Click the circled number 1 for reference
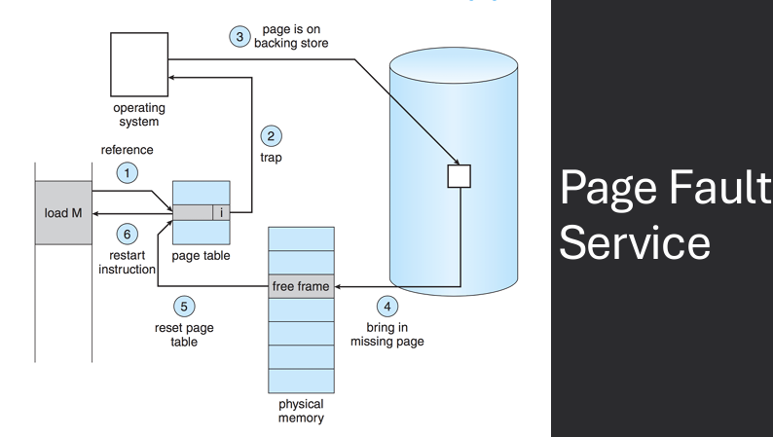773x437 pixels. pyautogui.click(x=126, y=172)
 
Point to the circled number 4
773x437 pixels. pyautogui.click(x=387, y=306)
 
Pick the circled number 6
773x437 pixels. pyautogui.click(x=126, y=234)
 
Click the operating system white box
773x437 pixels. pyautogui.click(x=137, y=62)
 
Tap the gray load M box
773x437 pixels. pyautogui.click(x=63, y=212)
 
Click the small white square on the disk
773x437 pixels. pyautogui.click(x=459, y=175)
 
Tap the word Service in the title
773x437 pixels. pyautogui.click(x=635, y=242)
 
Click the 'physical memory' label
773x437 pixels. pyautogui.click(x=301, y=411)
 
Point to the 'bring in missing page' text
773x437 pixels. pyautogui.click(x=387, y=334)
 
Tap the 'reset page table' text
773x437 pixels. pyautogui.click(x=183, y=334)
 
